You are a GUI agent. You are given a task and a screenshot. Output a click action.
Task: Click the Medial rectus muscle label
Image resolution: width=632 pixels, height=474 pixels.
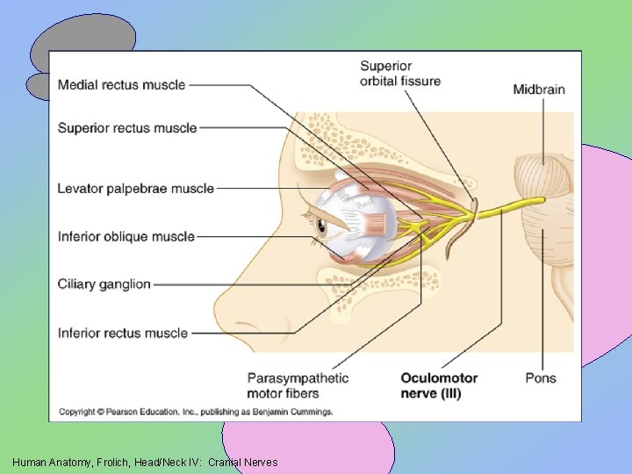click(x=121, y=85)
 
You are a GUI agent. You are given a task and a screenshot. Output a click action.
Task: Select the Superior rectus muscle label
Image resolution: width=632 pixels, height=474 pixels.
click(x=127, y=128)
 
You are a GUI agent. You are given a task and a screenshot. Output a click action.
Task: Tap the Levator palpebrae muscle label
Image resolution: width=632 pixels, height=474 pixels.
click(x=135, y=189)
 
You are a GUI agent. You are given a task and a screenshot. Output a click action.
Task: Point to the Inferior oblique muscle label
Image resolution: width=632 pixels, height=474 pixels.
click(x=126, y=236)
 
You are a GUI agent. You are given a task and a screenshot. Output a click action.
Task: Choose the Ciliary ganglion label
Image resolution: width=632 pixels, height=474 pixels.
click(x=104, y=284)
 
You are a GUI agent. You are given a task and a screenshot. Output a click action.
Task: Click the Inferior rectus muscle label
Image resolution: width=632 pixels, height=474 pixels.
click(x=123, y=333)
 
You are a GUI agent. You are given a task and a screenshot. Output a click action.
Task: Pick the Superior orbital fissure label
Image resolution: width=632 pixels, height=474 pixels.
click(x=399, y=74)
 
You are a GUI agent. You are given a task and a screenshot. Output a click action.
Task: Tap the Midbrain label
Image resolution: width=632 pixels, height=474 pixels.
click(x=538, y=89)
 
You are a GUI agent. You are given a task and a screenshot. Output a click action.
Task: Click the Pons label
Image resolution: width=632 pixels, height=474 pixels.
click(x=541, y=378)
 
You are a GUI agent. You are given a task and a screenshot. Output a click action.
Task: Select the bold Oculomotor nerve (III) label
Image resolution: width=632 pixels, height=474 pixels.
click(x=439, y=385)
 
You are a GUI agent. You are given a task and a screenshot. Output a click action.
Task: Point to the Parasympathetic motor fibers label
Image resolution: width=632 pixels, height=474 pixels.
click(x=298, y=385)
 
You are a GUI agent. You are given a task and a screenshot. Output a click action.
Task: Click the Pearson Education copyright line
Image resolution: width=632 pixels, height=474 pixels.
click(x=196, y=412)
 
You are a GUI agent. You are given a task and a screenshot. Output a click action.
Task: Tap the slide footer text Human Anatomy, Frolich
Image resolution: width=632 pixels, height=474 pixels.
click(x=145, y=462)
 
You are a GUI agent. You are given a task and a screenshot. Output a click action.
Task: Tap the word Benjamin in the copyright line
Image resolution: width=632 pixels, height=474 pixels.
click(x=266, y=412)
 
